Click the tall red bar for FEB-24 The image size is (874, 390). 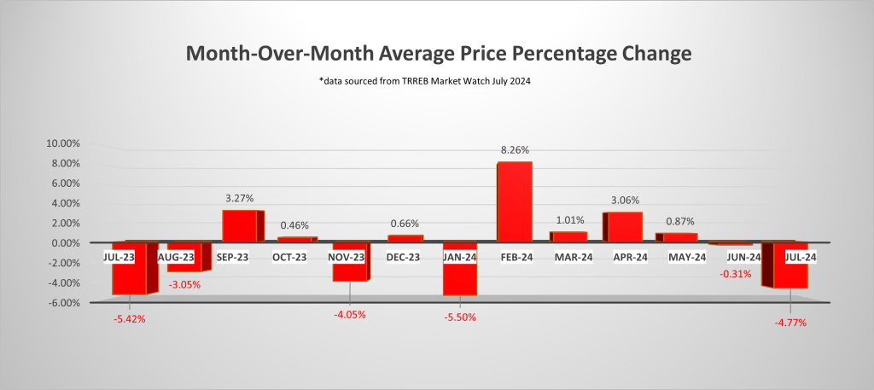(514, 201)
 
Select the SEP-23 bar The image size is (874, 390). (242, 225)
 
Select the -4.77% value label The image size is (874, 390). (790, 323)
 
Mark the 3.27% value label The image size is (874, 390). (239, 197)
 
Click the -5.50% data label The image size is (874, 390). (459, 317)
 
